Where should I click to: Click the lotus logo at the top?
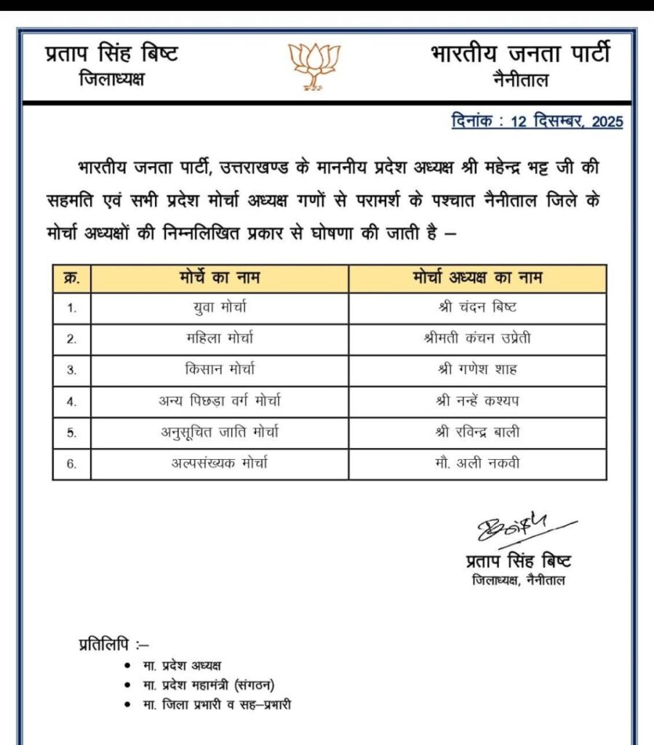click(x=315, y=66)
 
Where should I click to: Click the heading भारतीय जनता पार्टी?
click(x=519, y=55)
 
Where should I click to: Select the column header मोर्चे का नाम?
click(x=220, y=278)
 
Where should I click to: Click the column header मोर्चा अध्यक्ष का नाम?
click(x=476, y=278)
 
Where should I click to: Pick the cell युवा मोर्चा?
click(x=220, y=308)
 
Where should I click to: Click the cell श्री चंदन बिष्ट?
click(x=477, y=308)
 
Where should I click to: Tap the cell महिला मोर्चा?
click(x=220, y=338)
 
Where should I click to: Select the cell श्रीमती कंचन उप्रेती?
click(x=477, y=338)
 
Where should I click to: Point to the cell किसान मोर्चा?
click(x=220, y=369)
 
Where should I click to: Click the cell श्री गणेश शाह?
click(x=477, y=369)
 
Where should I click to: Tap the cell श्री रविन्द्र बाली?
click(x=477, y=432)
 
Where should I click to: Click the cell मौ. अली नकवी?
click(x=477, y=464)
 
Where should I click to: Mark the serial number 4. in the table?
click(x=71, y=401)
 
